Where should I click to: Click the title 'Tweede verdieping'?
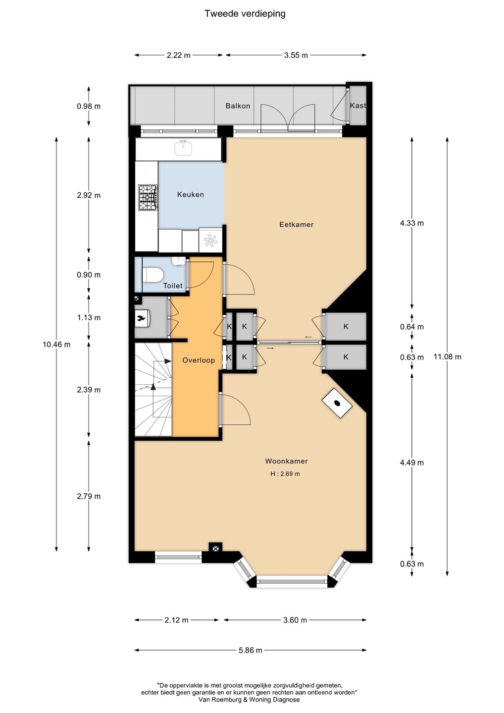pyautogui.click(x=245, y=14)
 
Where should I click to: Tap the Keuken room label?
pyautogui.click(x=190, y=195)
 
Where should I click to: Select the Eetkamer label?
pyautogui.click(x=296, y=224)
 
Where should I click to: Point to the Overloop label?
pyautogui.click(x=199, y=360)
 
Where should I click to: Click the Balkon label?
pyautogui.click(x=238, y=106)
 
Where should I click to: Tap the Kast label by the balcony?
pyautogui.click(x=358, y=105)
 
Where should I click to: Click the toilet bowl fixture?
pyautogui.click(x=153, y=275)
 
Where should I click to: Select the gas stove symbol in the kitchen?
pyautogui.click(x=148, y=198)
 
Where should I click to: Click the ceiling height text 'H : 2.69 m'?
pyautogui.click(x=285, y=474)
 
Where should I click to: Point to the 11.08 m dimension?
pyautogui.click(x=447, y=357)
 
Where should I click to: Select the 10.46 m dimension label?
pyautogui.click(x=56, y=345)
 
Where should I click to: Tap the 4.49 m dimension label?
pyautogui.click(x=412, y=462)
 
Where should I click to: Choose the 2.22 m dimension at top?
pyautogui.click(x=179, y=55)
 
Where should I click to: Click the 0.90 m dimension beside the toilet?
pyautogui.click(x=89, y=275)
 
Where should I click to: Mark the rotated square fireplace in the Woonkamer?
pyautogui.click(x=337, y=403)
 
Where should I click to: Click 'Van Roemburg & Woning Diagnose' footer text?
pyautogui.click(x=249, y=700)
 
